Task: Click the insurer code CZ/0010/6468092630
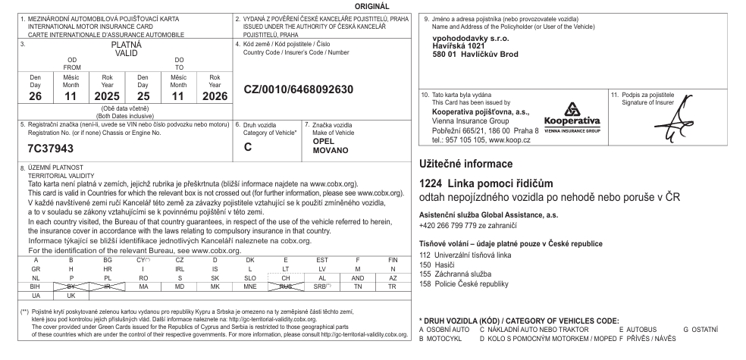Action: (299, 89)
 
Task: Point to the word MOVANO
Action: (331, 150)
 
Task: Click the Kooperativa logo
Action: (572, 117)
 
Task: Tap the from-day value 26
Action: (36, 97)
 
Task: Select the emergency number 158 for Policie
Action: (424, 283)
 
